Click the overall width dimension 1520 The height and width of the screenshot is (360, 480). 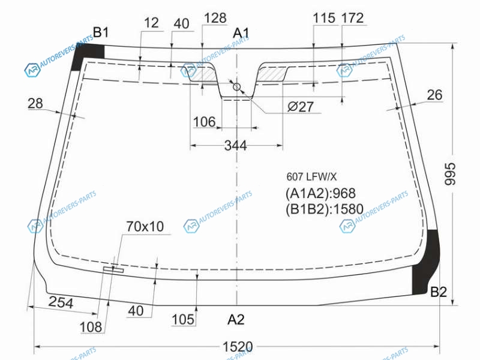click(x=238, y=347)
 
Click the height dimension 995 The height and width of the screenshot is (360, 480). click(x=449, y=174)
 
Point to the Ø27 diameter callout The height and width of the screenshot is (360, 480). click(x=301, y=107)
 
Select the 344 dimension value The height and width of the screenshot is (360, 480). click(x=235, y=145)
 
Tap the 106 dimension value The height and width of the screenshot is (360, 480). click(x=205, y=122)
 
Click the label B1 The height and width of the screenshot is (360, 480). click(x=101, y=32)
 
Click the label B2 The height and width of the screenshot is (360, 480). click(x=439, y=292)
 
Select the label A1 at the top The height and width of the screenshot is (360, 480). click(x=241, y=33)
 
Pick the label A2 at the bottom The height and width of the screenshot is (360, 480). click(x=236, y=320)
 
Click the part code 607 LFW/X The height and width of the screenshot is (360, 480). click(x=311, y=176)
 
